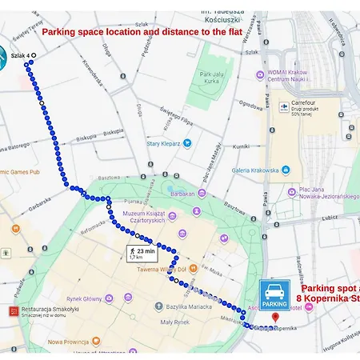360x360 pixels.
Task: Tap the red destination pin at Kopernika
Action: coord(275,318)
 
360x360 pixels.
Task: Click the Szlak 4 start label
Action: coord(21,55)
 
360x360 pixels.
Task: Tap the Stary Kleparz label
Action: coord(163,144)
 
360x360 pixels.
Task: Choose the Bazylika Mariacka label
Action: coord(186,306)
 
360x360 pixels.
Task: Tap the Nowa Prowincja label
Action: coord(70,342)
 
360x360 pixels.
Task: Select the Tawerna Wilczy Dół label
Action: coord(161,269)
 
